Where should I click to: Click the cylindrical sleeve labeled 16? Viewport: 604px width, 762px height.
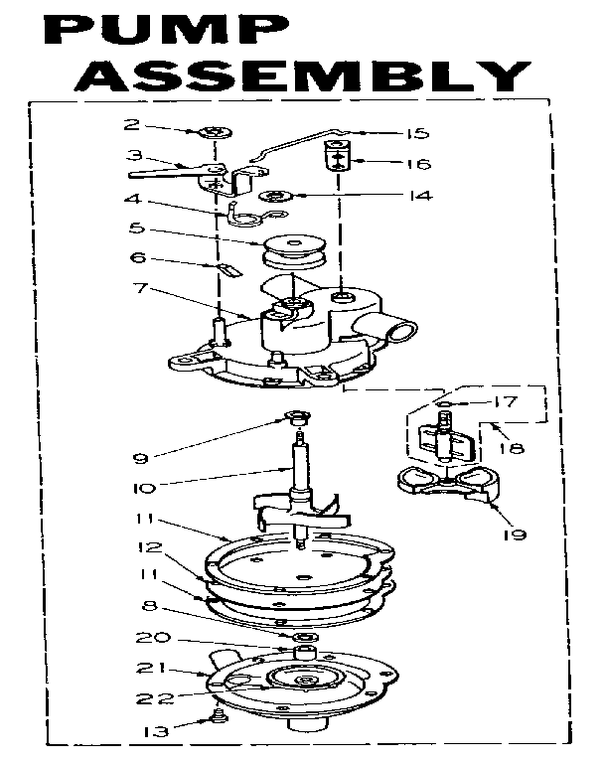click(340, 157)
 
